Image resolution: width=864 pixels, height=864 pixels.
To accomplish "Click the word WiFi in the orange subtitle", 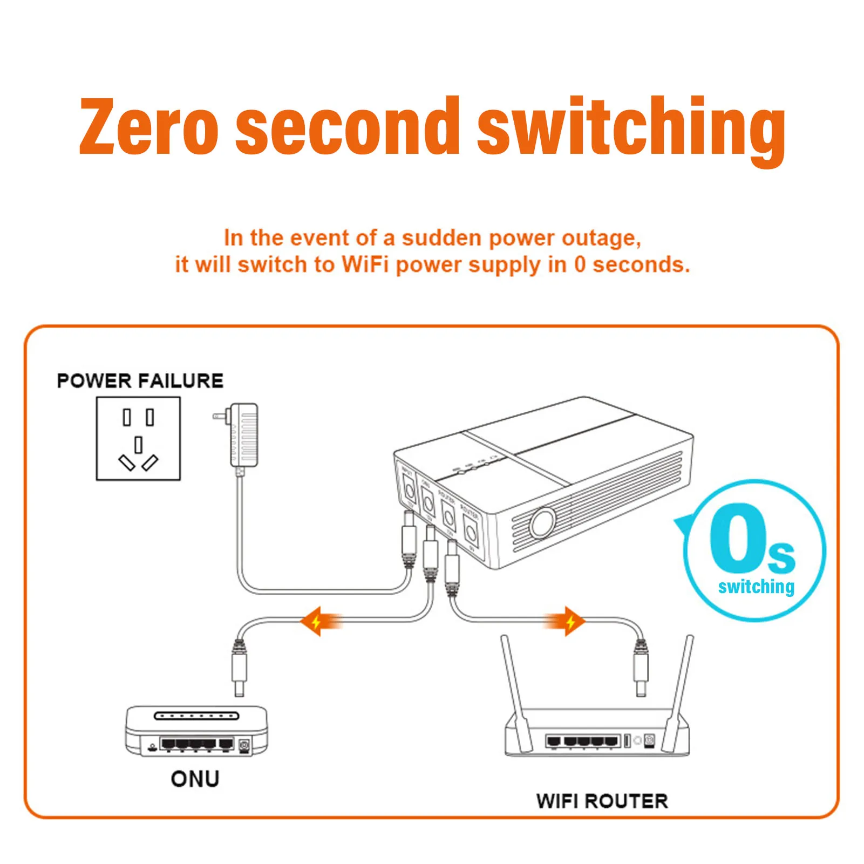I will [365, 265].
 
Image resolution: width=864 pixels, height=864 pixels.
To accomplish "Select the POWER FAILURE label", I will [140, 381].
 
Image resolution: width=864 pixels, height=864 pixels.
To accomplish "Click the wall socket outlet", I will [138, 439].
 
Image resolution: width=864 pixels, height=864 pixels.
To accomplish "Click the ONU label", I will [195, 779].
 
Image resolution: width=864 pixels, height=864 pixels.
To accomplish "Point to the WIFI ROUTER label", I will [602, 801].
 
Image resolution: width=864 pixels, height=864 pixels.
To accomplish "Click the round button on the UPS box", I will [542, 523].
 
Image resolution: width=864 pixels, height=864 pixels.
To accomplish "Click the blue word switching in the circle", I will [756, 587].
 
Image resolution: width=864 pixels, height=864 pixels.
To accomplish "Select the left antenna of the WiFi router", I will [514, 685].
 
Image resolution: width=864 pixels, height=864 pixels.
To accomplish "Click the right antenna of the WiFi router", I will [679, 685].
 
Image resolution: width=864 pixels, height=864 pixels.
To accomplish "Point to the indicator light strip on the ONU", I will [196, 716].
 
